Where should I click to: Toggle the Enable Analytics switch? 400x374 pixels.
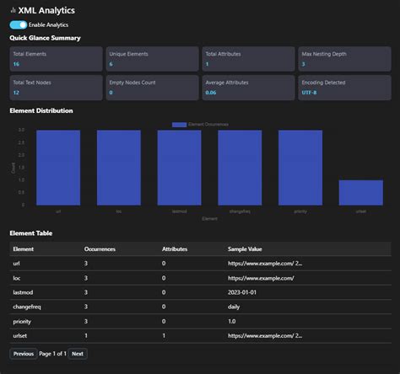pos(18,25)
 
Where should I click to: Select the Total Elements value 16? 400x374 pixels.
pos(16,64)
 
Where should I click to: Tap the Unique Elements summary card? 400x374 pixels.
pos(152,58)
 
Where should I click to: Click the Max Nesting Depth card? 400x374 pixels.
pos(344,58)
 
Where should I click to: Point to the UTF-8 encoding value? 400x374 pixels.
pos(310,93)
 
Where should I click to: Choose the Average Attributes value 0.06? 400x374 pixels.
pos(211,93)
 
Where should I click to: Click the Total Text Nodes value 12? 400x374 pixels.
pos(16,93)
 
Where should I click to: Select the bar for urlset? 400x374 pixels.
pos(360,192)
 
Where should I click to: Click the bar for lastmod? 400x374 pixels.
pos(179,168)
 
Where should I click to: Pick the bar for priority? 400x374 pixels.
pos(300,168)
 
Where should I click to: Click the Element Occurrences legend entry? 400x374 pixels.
pos(200,124)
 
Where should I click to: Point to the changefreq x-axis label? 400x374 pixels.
pos(240,211)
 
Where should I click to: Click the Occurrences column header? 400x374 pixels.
pos(100,249)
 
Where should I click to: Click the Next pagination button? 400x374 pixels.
pos(78,354)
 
